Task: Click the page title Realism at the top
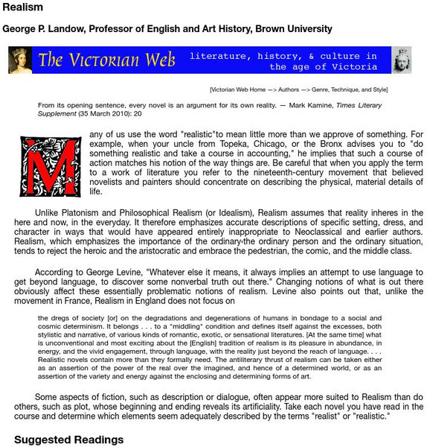point(22,7)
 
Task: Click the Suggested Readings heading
point(64,440)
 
